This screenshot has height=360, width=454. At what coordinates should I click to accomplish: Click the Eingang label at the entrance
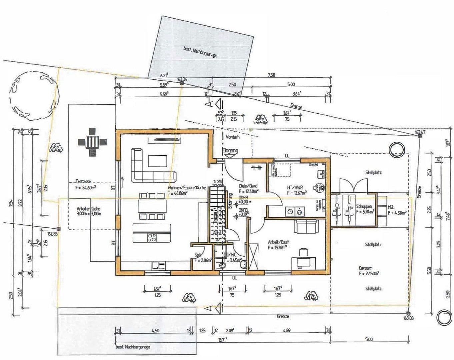[x=230, y=151]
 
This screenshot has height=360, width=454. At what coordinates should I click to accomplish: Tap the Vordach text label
[x=232, y=137]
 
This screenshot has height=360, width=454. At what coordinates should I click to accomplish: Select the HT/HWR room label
[x=295, y=188]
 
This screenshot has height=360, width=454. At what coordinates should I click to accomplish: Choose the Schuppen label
[x=364, y=206]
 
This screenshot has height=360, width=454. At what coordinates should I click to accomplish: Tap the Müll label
[x=391, y=207]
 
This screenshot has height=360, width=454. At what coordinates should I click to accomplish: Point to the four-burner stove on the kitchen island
[x=152, y=237]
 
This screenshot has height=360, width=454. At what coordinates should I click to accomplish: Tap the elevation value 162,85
[x=53, y=234]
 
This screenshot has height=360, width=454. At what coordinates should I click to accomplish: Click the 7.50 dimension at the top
[x=271, y=75]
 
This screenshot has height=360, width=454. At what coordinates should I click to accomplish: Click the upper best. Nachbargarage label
[x=200, y=52]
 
